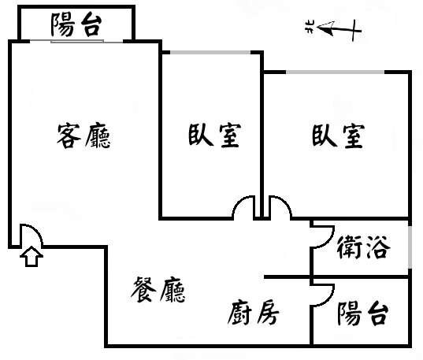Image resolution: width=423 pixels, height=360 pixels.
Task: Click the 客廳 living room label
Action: (83, 135)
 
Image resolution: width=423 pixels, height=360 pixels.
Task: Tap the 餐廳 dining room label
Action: (158, 290)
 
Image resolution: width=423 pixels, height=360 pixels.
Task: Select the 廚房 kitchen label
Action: (253, 313)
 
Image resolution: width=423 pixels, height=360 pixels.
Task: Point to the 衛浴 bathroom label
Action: (363, 247)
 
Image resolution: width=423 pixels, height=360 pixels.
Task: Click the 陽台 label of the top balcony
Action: (76, 25)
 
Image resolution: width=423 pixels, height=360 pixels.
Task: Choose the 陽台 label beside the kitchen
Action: (363, 314)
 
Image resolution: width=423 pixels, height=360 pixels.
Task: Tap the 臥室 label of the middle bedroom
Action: (214, 135)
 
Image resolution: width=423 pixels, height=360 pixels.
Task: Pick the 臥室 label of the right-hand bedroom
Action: (338, 135)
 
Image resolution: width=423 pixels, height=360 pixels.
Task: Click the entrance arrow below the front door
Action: (32, 256)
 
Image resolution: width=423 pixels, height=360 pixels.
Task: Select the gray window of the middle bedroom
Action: (210, 52)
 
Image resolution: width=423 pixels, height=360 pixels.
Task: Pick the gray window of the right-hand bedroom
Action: (335, 72)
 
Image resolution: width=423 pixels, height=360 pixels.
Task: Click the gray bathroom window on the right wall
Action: (410, 247)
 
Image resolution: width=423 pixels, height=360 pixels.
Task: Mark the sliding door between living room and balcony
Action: (77, 41)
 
